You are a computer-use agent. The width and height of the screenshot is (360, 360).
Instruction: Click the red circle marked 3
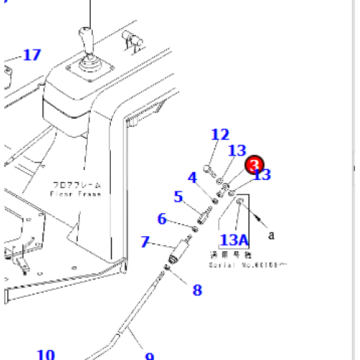(x=255, y=165)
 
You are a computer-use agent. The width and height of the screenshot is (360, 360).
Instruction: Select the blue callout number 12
(x=220, y=134)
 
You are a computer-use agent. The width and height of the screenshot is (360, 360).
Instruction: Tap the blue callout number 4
(x=192, y=177)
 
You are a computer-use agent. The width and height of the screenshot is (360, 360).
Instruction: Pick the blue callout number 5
(x=178, y=197)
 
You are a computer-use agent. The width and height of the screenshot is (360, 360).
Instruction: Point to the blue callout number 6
(x=162, y=219)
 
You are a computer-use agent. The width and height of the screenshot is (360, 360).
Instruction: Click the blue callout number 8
(x=197, y=290)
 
